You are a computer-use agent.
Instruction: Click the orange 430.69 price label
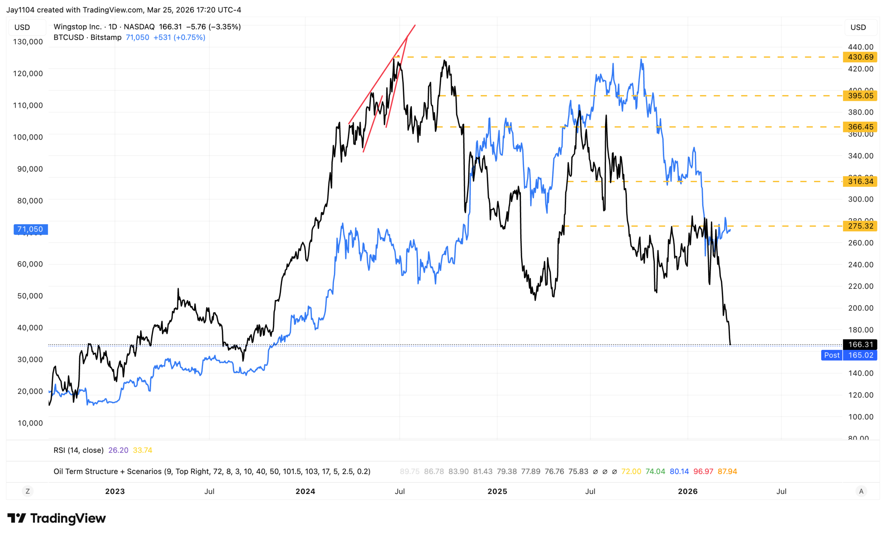coord(860,57)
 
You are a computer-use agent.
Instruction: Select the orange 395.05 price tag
coord(860,96)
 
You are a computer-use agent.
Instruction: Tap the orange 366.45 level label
coord(860,127)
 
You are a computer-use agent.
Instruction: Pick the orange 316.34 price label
coord(860,182)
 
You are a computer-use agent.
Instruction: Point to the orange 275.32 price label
coord(860,226)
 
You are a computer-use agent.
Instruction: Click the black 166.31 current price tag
coord(860,344)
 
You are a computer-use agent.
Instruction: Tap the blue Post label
coord(831,355)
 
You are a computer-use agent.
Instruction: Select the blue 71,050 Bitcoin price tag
coord(30,229)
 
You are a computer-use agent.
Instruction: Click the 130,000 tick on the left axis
coord(28,42)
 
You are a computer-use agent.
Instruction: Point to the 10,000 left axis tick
coord(30,423)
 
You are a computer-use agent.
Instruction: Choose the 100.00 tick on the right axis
coord(860,417)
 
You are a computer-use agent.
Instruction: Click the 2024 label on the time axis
coord(305,491)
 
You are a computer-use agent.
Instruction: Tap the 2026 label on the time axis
coord(687,491)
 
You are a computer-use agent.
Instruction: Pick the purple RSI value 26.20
coord(118,450)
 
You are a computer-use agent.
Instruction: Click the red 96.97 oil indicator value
coord(703,472)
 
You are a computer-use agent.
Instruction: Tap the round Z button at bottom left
coord(28,491)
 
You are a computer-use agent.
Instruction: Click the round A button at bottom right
coord(861,491)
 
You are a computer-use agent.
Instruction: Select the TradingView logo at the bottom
coord(57,518)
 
